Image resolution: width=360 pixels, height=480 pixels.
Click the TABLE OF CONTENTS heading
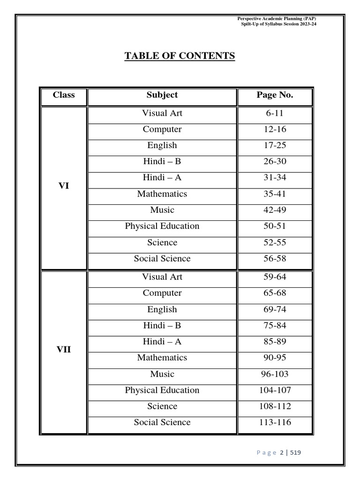[180, 56]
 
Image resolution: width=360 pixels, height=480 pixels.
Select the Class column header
[64, 95]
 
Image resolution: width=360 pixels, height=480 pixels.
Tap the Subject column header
[162, 95]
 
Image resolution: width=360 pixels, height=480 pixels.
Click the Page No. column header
[275, 95]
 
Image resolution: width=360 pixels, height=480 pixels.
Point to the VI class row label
[64, 186]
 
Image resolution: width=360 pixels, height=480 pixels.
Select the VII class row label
[64, 350]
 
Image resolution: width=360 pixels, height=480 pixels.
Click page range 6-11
[275, 113]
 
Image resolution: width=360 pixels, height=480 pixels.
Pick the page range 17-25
[275, 145]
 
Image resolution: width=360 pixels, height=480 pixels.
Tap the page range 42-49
[275, 210]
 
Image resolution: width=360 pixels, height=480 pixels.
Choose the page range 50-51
[275, 226]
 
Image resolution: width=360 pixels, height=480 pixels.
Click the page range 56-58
[275, 259]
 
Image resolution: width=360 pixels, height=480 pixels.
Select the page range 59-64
[275, 277]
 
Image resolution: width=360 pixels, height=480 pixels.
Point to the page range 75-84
[275, 325]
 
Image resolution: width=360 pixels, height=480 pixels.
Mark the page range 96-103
[275, 374]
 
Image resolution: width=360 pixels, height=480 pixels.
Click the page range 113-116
[275, 422]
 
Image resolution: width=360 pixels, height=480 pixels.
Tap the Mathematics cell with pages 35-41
[162, 194]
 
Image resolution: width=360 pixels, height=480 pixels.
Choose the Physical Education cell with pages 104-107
[162, 390]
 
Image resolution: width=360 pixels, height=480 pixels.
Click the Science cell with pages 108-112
[162, 406]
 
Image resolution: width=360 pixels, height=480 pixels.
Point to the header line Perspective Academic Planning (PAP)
[280, 18]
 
